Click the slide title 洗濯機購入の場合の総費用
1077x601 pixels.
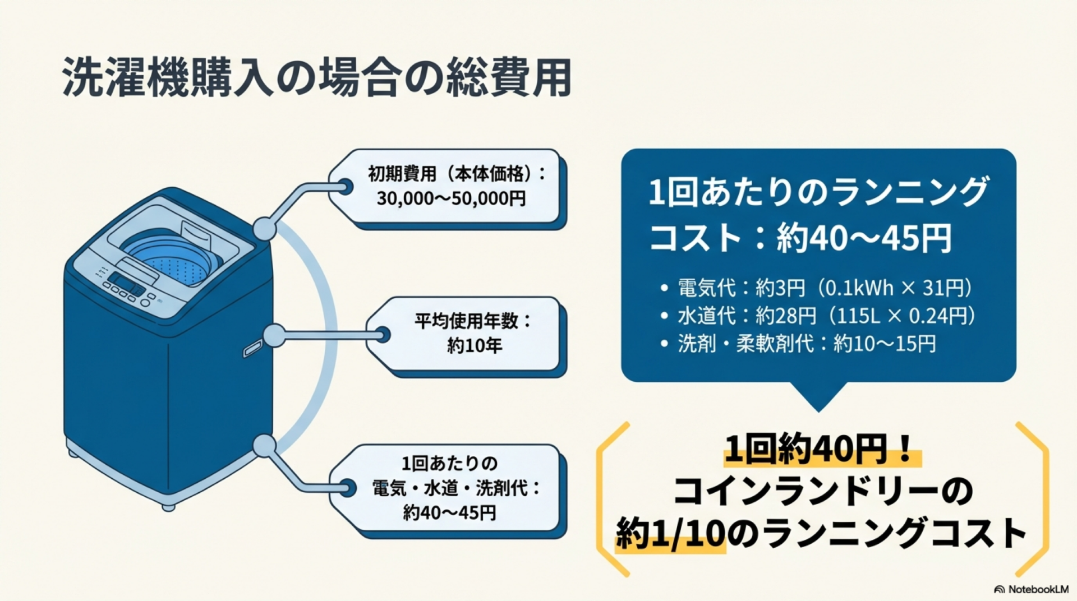pos(317,77)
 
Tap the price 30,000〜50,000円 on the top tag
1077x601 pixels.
pos(451,198)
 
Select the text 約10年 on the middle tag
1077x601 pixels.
pos(474,346)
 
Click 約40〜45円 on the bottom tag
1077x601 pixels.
pos(449,512)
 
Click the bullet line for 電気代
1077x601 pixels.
pos(825,288)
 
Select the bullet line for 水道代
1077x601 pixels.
pos(826,316)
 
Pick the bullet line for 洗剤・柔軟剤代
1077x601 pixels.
pos(807,343)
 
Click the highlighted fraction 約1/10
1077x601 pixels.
pos(670,533)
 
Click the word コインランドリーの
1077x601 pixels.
pos(822,492)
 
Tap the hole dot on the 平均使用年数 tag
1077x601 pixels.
pos(383,335)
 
